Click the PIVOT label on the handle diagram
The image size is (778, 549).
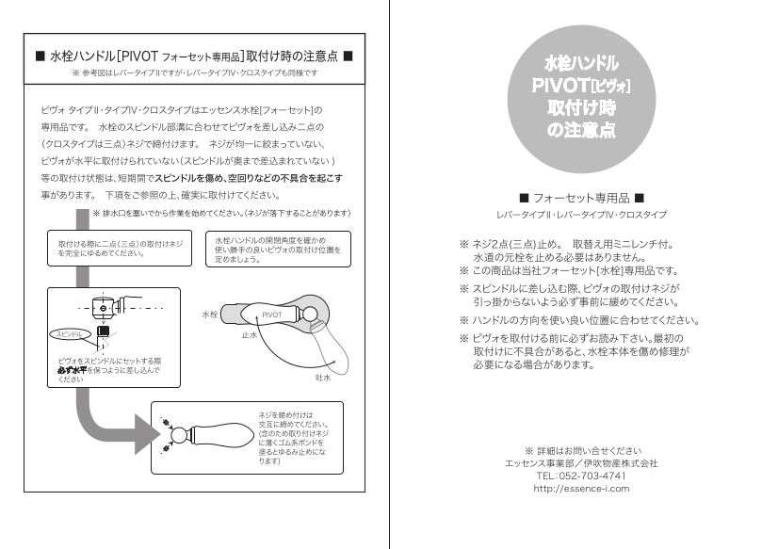point(272,314)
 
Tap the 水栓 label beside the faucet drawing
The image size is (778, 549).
point(211,314)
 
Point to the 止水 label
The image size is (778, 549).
point(250,335)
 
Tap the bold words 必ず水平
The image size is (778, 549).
point(76,370)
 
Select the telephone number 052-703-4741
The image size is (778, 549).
point(581,476)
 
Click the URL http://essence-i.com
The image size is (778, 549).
point(581,488)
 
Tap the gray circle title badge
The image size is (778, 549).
point(581,97)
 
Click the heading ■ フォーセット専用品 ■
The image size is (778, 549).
point(581,199)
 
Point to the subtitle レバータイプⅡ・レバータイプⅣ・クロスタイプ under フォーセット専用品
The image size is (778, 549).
point(581,216)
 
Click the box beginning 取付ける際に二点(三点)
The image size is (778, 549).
point(117,249)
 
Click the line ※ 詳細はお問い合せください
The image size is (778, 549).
point(581,450)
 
